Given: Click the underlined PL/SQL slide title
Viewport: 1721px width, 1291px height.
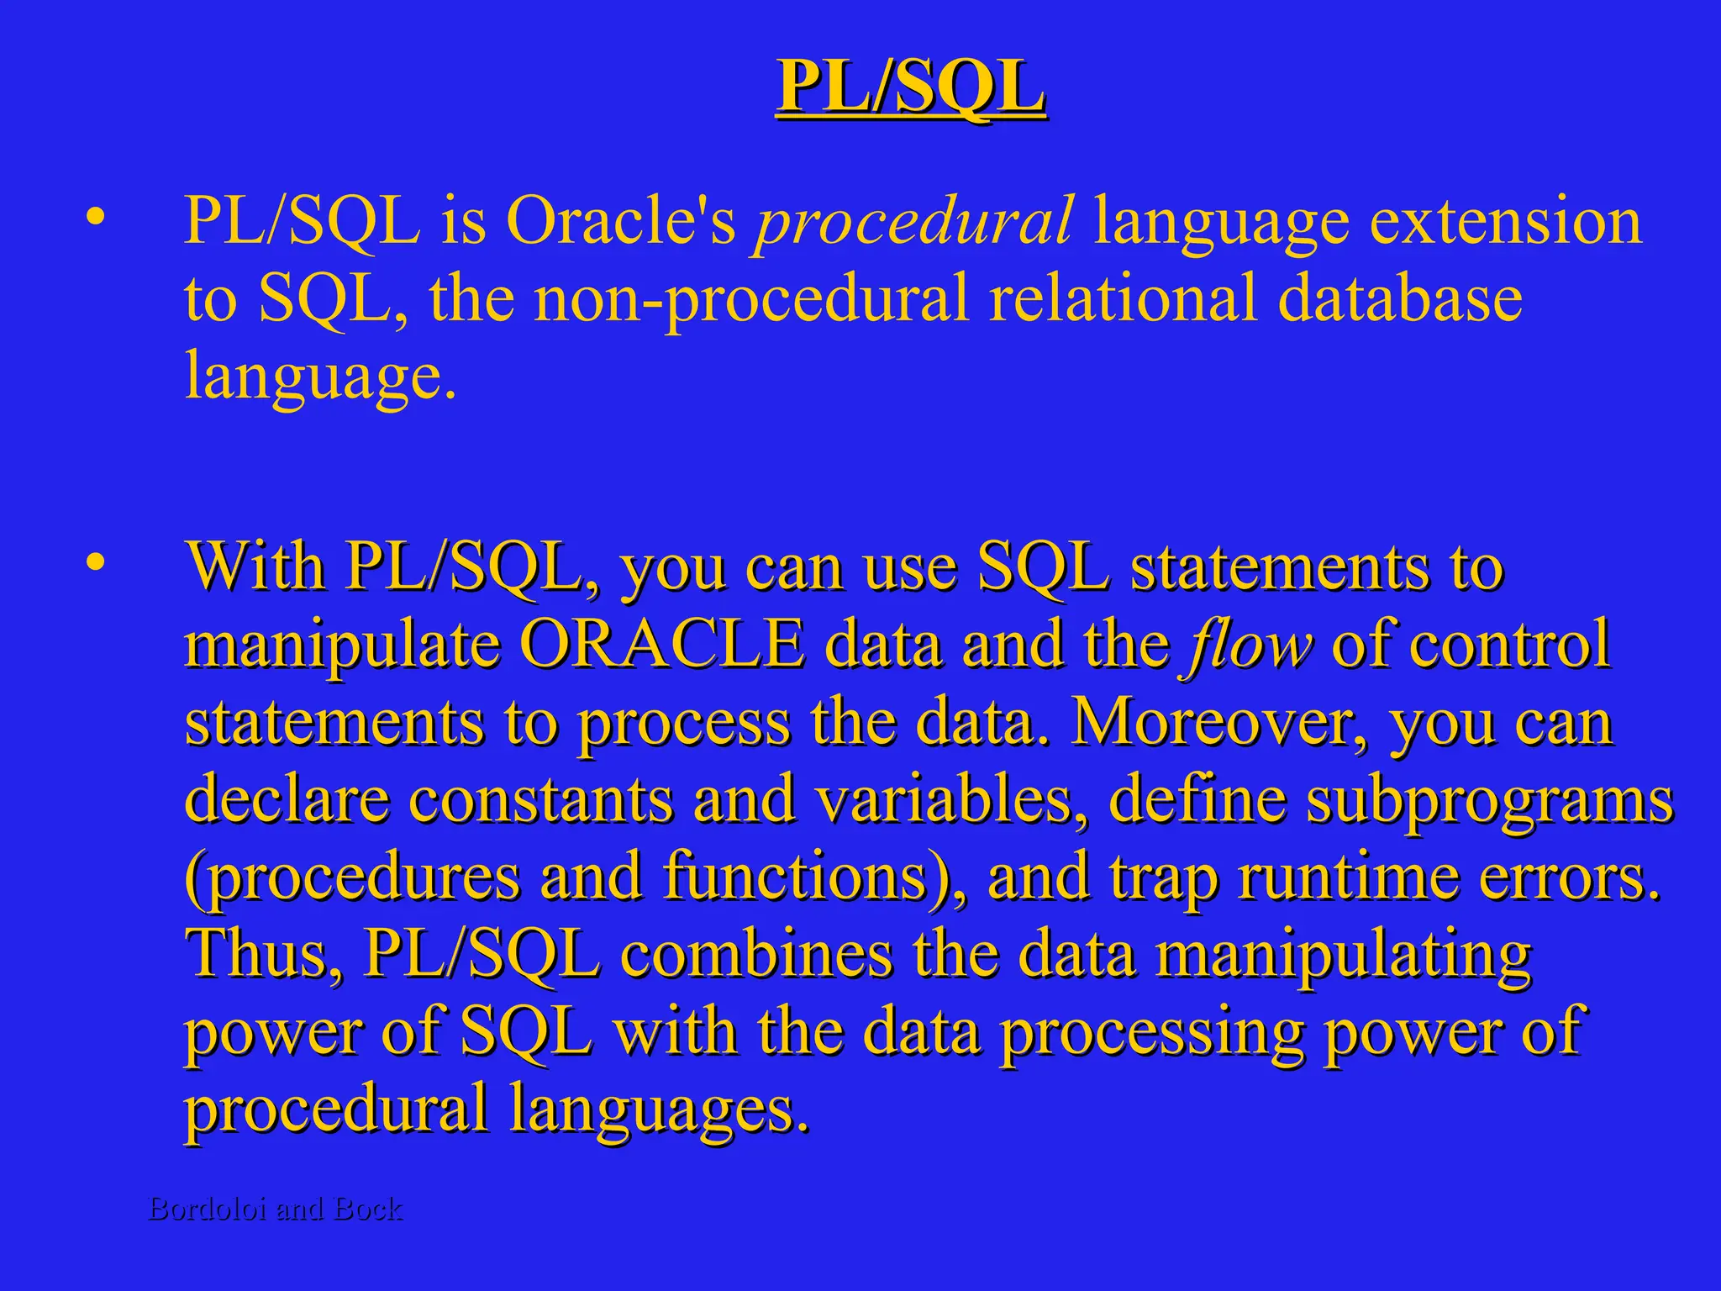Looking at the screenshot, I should click(x=910, y=87).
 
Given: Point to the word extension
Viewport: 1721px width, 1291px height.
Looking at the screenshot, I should click(x=1505, y=221).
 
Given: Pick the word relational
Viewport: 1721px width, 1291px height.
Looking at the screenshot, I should click(x=1123, y=298).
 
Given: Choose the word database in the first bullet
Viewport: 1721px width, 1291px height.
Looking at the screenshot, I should click(x=1399, y=298).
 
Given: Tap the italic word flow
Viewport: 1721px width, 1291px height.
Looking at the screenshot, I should click(x=1248, y=645).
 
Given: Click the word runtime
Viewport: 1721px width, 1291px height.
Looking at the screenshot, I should click(x=1350, y=877).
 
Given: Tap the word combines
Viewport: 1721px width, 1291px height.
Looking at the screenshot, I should click(x=756, y=954).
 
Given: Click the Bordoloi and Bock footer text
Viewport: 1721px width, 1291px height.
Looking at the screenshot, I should click(x=276, y=1209).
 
